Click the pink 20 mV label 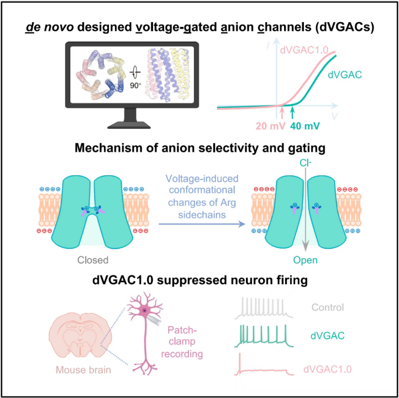tap(256, 126)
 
